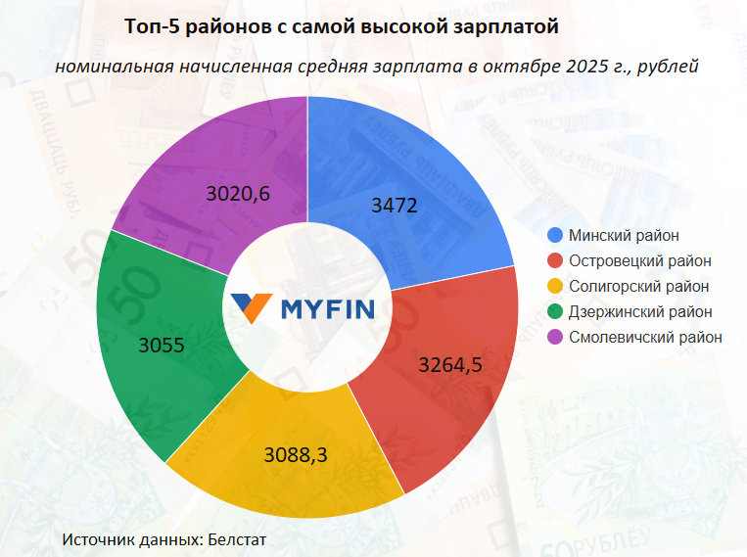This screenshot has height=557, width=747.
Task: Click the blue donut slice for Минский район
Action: (x=421, y=176)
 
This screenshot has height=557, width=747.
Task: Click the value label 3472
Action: (x=396, y=207)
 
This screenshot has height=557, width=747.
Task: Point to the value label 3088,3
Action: (x=297, y=454)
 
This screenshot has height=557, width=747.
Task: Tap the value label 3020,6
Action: (x=239, y=194)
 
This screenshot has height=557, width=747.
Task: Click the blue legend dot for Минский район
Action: (x=555, y=235)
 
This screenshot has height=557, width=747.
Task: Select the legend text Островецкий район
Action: (x=640, y=260)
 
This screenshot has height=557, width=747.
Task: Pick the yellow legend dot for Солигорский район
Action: (x=555, y=286)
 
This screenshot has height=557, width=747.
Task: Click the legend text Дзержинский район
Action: (x=640, y=311)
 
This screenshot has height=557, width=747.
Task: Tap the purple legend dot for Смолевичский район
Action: (x=555, y=337)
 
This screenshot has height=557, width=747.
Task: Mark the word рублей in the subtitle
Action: (x=668, y=67)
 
